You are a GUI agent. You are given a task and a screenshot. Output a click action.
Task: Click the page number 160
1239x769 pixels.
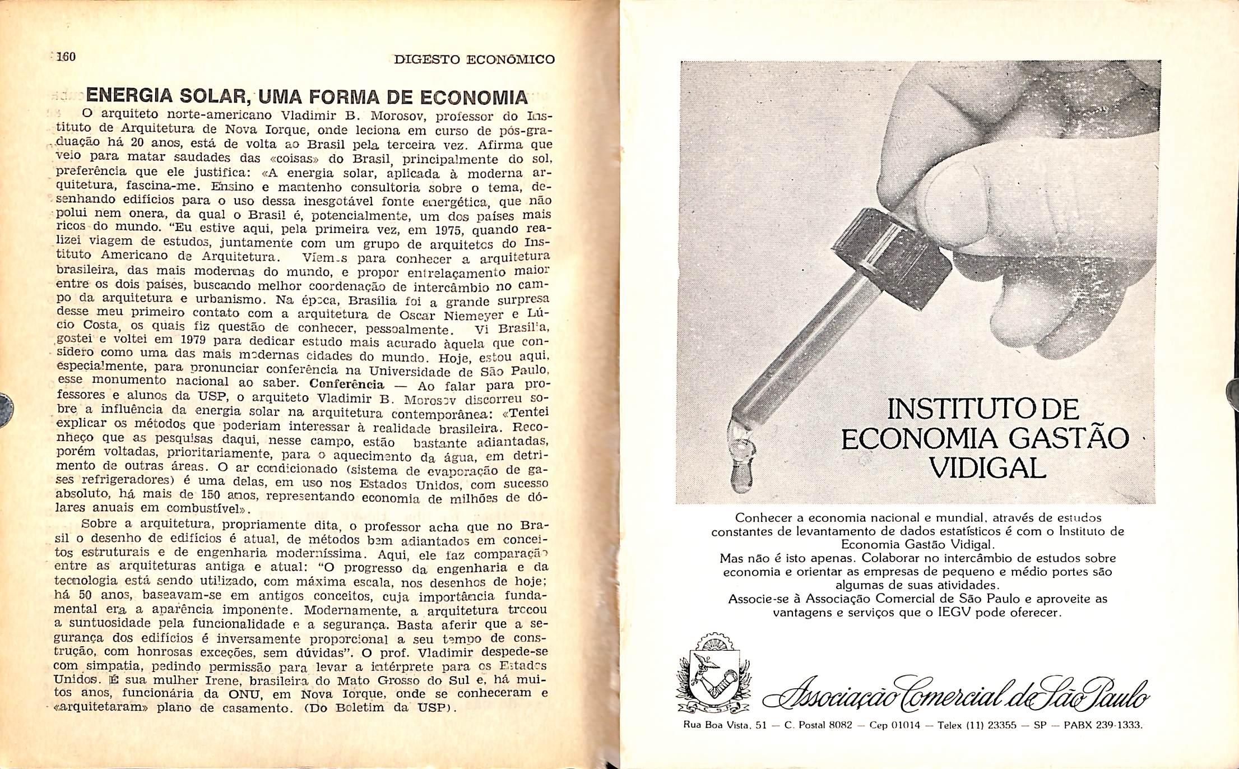point(67,57)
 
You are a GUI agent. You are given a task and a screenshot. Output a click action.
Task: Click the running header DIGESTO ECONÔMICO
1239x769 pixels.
point(474,59)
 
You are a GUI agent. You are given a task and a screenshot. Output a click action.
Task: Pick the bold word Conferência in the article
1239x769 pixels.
point(347,385)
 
